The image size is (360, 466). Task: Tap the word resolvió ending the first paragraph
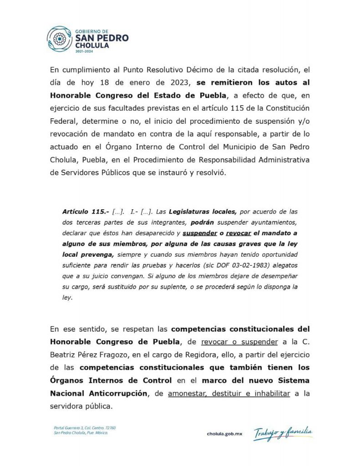tap(210, 173)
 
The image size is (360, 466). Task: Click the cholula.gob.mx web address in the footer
tap(224, 434)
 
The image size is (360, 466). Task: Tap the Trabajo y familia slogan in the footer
tap(283, 433)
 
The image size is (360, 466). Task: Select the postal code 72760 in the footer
tap(110, 428)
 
